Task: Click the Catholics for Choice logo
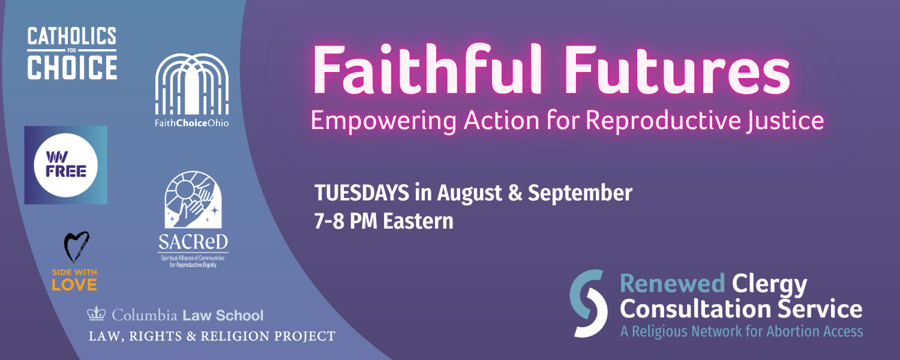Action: [x=72, y=53]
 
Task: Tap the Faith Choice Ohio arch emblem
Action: [x=192, y=84]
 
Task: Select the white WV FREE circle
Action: [x=66, y=165]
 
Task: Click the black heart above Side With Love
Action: [x=76, y=247]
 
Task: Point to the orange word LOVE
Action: [x=74, y=284]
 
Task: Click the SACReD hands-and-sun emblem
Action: [x=193, y=200]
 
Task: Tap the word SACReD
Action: [x=193, y=242]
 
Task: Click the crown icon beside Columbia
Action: [x=97, y=313]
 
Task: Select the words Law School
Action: [x=223, y=316]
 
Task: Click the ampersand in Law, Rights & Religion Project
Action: [x=191, y=336]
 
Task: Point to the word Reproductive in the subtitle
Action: [x=663, y=121]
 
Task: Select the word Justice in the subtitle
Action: [x=784, y=121]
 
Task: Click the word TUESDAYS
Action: [x=362, y=193]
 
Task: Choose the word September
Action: [x=580, y=194]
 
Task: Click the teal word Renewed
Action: [x=672, y=283]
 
